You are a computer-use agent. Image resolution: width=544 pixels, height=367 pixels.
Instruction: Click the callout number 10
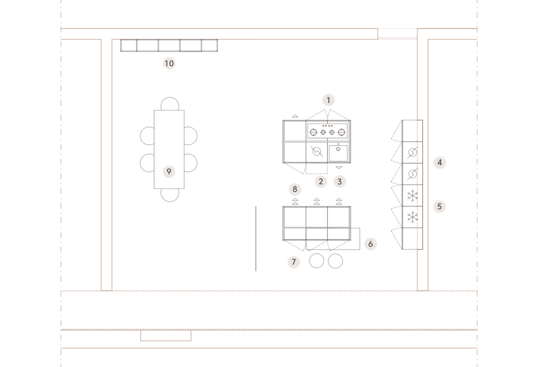(x=169, y=63)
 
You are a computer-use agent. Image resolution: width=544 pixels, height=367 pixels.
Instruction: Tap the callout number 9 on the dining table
(x=169, y=172)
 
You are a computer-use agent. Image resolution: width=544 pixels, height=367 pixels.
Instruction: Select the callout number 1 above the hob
(x=328, y=100)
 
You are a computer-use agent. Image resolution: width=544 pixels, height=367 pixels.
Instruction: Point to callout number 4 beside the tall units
(x=440, y=162)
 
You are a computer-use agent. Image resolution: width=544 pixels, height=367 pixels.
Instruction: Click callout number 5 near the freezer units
(x=439, y=207)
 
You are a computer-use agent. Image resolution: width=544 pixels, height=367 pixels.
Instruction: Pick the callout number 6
(x=370, y=244)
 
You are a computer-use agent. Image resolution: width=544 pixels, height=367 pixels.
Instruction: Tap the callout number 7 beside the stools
(x=294, y=262)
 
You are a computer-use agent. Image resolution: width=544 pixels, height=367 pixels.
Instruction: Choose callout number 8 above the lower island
(x=295, y=189)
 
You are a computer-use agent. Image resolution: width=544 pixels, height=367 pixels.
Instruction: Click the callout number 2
(x=321, y=181)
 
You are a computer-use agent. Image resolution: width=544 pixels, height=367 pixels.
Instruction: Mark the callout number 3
(x=340, y=181)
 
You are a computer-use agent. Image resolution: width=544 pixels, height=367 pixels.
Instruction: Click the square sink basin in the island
(x=338, y=153)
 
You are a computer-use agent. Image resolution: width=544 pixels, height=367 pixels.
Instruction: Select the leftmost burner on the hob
(x=314, y=132)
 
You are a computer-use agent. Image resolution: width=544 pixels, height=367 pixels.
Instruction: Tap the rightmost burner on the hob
(x=341, y=132)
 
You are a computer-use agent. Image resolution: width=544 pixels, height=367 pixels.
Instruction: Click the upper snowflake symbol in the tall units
(x=413, y=196)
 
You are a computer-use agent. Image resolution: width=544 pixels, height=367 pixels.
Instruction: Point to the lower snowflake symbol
(x=413, y=217)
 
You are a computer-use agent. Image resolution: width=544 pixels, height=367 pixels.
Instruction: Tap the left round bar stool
(x=316, y=261)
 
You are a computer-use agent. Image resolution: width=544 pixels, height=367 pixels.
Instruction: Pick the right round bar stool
(x=335, y=261)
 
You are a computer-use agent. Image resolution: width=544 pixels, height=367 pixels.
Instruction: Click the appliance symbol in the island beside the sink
(x=317, y=152)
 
